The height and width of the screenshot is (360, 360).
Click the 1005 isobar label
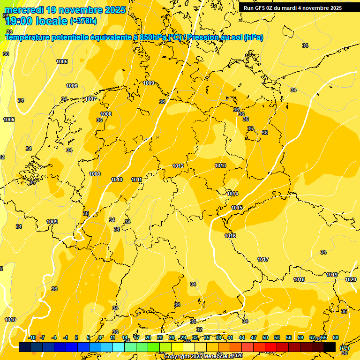[62, 61]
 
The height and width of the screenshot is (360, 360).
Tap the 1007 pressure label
[90, 99]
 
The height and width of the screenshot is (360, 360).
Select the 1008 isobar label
[106, 114]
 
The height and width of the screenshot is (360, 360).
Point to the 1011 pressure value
[136, 180]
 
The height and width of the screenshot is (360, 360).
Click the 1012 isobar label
[178, 166]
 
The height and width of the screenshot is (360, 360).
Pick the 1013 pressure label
[220, 165]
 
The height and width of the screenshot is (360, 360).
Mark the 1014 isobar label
[232, 194]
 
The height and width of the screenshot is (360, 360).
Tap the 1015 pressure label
[237, 208]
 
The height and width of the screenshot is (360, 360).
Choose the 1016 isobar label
[230, 236]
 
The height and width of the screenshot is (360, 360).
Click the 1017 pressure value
[263, 259]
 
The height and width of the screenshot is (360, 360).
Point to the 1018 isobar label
[299, 279]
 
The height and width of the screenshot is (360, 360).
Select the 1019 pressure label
[332, 275]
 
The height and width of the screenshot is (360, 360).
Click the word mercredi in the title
[25, 10]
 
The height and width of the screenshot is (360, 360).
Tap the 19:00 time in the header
[19, 21]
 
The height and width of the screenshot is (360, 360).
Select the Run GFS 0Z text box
[292, 8]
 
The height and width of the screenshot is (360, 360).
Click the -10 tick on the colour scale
[32, 337]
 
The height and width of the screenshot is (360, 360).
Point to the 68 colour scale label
[336, 337]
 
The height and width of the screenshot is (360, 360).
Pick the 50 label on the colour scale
[265, 337]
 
